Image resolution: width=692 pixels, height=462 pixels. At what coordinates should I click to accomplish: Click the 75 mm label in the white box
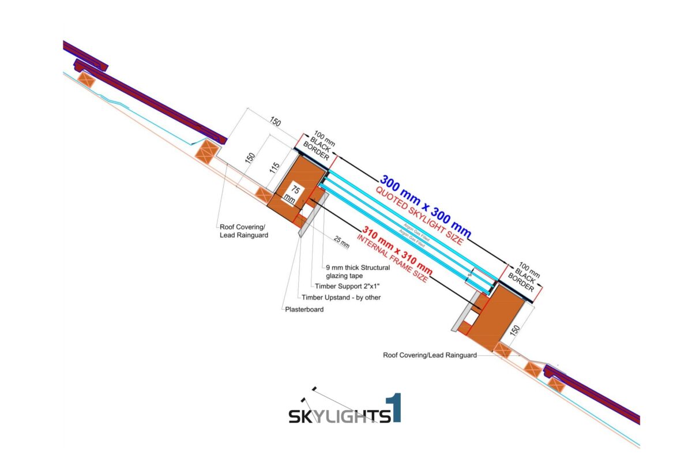click(x=295, y=194)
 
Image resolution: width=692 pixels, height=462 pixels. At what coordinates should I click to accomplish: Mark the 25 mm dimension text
click(x=341, y=243)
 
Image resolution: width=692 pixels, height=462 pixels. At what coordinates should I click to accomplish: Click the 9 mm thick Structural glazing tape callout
click(x=358, y=272)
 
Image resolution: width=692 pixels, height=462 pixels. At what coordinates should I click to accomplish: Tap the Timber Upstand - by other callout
click(x=341, y=298)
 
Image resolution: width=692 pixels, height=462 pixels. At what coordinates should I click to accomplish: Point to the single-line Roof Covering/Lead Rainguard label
click(x=430, y=355)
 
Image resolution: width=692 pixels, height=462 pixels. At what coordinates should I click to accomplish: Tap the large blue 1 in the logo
click(x=396, y=408)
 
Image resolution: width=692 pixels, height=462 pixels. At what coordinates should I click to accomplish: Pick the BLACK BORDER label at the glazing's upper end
click(x=319, y=148)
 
